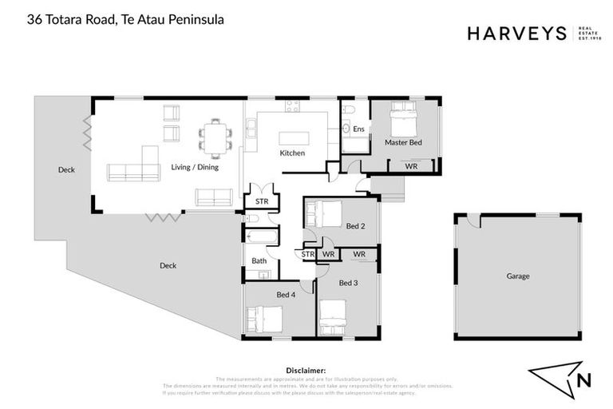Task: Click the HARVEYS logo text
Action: click(x=516, y=34)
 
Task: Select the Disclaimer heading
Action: click(x=306, y=371)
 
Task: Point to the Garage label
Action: click(x=517, y=276)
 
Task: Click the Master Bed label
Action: click(x=402, y=143)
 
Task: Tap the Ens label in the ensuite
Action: click(x=358, y=129)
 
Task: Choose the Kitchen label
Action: click(x=291, y=153)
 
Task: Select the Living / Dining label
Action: click(x=195, y=168)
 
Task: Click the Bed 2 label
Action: click(x=355, y=227)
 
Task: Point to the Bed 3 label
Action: click(x=348, y=283)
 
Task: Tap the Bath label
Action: click(x=259, y=261)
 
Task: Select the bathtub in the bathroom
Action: click(x=262, y=237)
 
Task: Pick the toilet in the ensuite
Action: click(x=349, y=109)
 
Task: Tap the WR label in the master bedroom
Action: click(x=411, y=166)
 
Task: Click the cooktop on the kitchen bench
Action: click(x=293, y=105)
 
